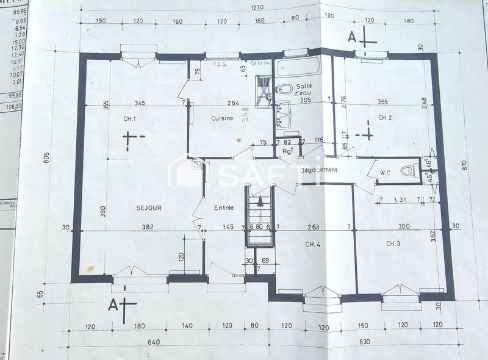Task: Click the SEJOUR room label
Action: pos(149,208)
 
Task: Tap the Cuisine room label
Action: pos(222,118)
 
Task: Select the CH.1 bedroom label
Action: pos(129,118)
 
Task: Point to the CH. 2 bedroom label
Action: pos(384,117)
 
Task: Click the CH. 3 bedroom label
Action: pos(393,243)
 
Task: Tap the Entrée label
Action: pos(224,208)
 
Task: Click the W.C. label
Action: pos(385,173)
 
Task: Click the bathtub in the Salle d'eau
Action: pos(298,67)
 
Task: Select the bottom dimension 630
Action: pos(364,342)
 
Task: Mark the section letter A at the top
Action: pos(352,37)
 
